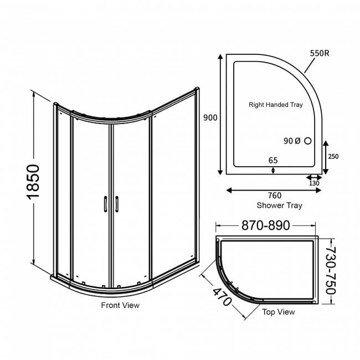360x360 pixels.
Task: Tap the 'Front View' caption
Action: click(120, 305)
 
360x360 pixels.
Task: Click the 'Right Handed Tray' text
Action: click(275, 104)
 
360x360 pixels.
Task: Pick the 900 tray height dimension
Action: click(210, 117)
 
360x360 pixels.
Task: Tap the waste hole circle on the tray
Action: click(308, 141)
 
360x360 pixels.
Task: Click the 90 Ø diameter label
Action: click(291, 141)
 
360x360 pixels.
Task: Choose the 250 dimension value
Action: click(333, 157)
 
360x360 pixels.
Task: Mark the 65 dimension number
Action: click(273, 161)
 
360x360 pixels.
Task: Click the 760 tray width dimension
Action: click(275, 196)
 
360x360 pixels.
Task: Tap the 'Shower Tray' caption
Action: click(279, 205)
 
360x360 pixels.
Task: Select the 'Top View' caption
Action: click(278, 312)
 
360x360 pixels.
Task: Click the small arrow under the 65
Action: click(273, 169)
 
